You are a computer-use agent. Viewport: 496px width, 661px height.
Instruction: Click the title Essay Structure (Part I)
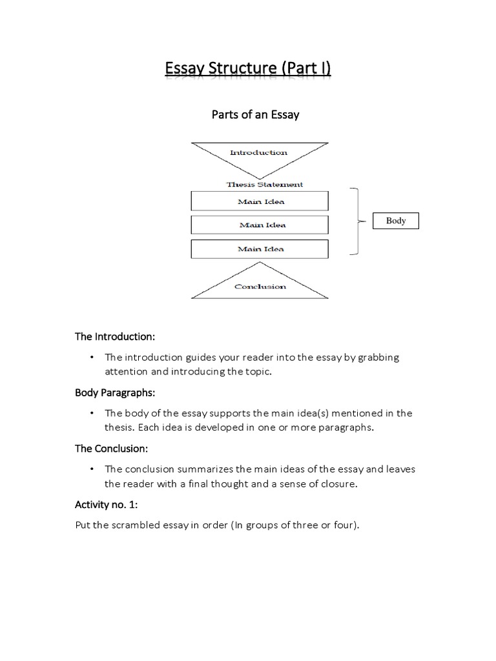click(248, 68)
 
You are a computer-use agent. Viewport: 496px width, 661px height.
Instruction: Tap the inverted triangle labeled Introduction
click(259, 155)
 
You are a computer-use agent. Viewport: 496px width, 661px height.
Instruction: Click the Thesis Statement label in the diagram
click(264, 184)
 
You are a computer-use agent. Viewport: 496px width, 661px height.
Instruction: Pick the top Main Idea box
click(260, 201)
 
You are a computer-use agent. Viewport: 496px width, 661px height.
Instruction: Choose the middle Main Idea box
click(260, 225)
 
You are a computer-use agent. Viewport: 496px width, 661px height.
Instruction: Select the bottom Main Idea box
click(260, 249)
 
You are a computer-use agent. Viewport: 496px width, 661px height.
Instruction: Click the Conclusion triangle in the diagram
click(260, 284)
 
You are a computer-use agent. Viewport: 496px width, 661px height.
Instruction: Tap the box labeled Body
click(396, 221)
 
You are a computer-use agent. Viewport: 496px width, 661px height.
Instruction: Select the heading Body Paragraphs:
click(116, 392)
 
